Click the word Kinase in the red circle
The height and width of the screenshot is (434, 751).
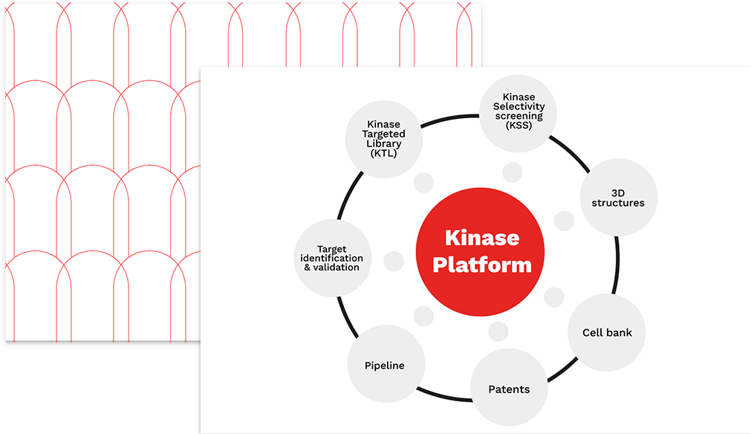(x=482, y=238)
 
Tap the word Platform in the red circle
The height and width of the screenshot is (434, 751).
(x=482, y=265)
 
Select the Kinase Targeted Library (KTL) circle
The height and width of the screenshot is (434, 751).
(x=384, y=138)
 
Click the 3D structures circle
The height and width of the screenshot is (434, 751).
(x=618, y=197)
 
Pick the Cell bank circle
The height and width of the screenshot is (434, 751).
(x=607, y=332)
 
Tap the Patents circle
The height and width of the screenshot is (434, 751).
(x=509, y=389)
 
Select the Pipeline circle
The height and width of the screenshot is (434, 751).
(x=385, y=365)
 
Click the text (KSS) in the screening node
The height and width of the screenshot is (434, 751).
(x=518, y=125)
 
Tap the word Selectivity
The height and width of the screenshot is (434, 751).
(x=518, y=106)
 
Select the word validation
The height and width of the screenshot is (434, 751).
(x=342, y=267)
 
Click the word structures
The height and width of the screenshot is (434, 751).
(x=618, y=202)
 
